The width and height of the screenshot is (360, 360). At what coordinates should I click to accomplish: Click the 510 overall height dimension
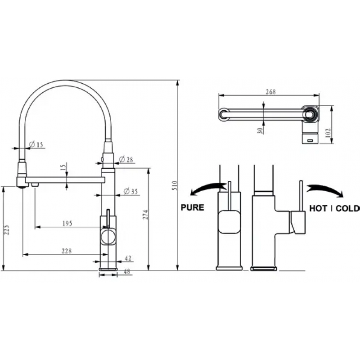click(175, 185)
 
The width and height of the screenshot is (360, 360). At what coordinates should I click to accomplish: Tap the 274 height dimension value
click(145, 215)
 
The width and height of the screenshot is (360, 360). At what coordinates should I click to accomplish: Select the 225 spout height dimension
click(7, 230)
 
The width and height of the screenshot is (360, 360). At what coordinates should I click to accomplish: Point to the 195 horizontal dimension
click(67, 223)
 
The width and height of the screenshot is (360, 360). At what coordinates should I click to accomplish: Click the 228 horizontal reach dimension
click(67, 251)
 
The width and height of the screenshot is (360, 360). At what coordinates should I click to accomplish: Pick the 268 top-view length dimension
click(271, 92)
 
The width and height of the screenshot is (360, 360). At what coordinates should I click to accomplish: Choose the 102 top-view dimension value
click(328, 133)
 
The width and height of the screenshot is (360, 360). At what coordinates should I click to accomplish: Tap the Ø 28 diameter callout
click(126, 159)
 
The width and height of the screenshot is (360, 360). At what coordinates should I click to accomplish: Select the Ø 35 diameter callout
click(130, 191)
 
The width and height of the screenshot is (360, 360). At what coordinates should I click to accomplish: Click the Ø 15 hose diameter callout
click(36, 144)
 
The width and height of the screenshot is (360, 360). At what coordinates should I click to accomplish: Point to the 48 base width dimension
click(127, 272)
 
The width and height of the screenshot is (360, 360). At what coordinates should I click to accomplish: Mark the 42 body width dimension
click(128, 258)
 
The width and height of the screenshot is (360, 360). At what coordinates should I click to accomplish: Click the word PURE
click(193, 207)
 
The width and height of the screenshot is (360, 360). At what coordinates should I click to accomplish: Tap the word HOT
click(318, 208)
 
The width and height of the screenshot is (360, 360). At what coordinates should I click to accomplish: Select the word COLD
click(347, 208)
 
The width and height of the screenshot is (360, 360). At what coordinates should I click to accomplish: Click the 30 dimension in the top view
click(260, 130)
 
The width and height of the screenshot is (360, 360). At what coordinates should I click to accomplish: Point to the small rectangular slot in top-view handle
click(310, 140)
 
